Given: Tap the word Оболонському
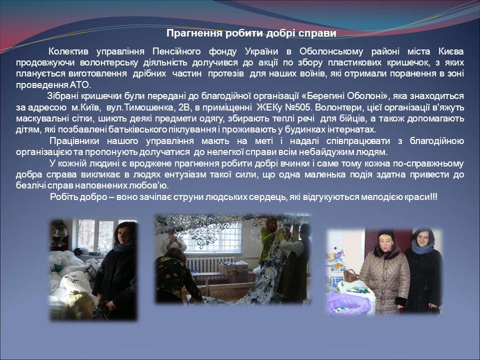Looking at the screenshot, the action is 331,51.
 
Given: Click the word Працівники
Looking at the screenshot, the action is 74,141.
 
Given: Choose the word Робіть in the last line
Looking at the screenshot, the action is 63,196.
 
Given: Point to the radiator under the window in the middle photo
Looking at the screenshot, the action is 204,265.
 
